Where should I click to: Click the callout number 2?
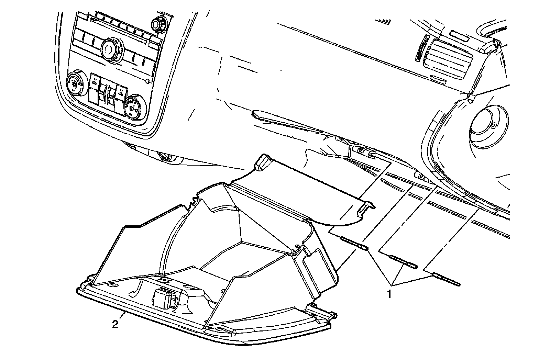115,324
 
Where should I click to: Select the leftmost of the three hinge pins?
354,243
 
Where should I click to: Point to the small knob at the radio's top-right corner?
158,24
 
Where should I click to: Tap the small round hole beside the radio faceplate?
147,81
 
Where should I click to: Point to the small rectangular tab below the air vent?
438,81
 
